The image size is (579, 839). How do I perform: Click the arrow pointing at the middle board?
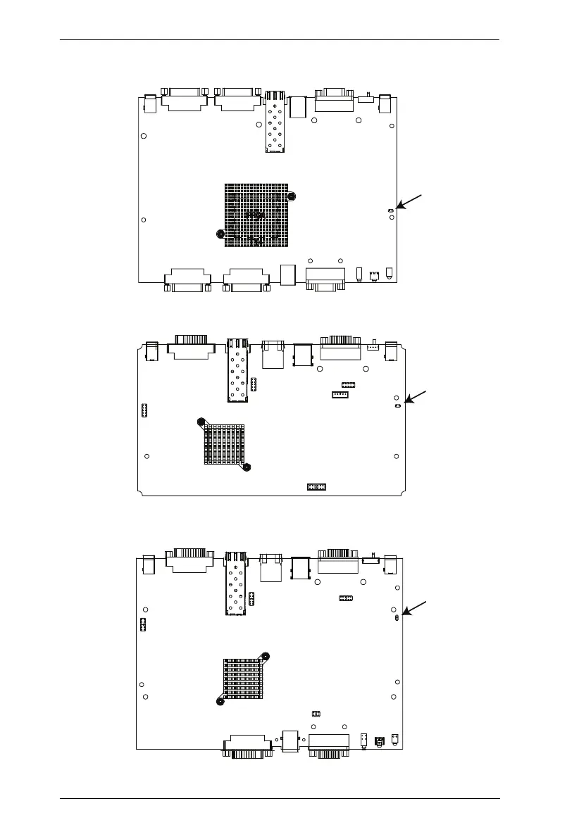pos(413,398)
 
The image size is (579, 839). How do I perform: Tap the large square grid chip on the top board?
pos(256,215)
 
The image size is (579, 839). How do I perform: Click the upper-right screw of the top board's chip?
pos(292,196)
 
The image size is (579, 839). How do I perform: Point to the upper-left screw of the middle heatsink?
pos(201,422)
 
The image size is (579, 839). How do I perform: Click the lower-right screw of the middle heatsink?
pos(247,467)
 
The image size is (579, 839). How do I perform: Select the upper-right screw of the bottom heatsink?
pos(266,657)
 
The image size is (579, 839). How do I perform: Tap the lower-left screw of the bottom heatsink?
pos(220,700)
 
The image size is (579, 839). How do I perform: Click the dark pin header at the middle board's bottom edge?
pos(316,487)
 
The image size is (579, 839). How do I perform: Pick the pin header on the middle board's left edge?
pos(143,410)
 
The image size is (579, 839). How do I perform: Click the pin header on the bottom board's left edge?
pos(142,624)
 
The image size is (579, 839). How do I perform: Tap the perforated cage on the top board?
pos(275,122)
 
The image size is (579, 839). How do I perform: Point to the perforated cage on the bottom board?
pos(235,584)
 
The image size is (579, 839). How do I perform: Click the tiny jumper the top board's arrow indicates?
pos(391,210)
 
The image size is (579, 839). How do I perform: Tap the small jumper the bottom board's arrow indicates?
pos(398,617)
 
